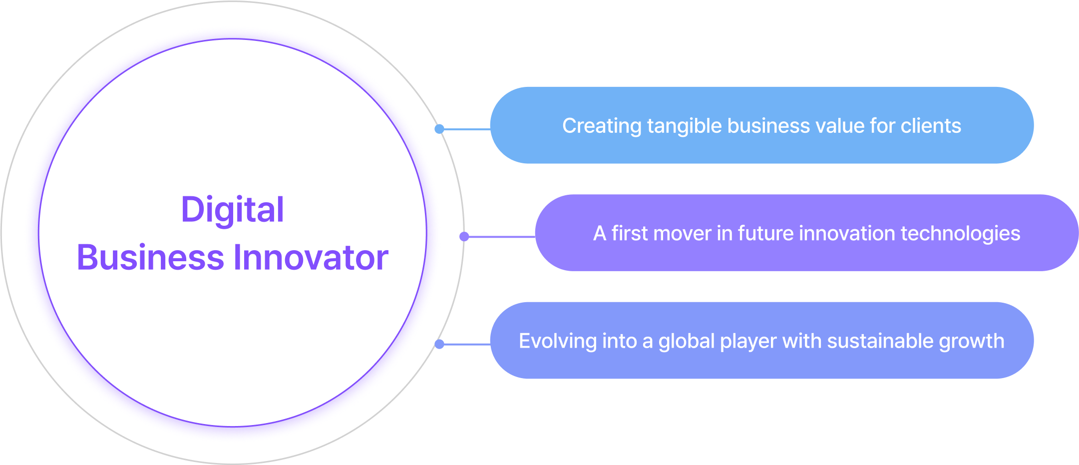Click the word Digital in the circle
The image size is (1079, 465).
233,210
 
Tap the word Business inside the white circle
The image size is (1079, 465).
150,258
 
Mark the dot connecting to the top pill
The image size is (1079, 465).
439,129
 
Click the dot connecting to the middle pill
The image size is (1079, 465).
464,237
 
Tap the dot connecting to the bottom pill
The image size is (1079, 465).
439,344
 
